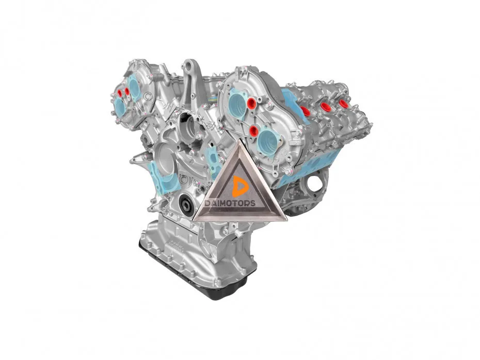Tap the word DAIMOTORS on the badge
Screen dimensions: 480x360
pyautogui.click(x=230, y=203)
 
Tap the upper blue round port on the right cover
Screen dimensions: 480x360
pyautogui.click(x=237, y=104)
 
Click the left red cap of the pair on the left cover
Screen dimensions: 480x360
pyautogui.click(x=120, y=93)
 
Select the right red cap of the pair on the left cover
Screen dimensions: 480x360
pyautogui.click(x=127, y=91)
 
